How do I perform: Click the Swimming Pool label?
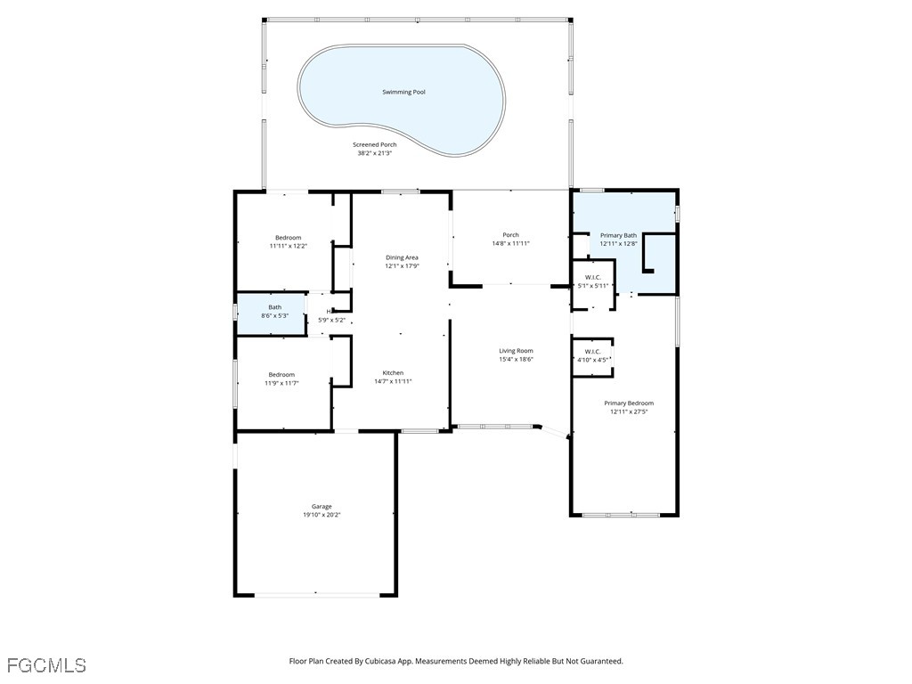pyautogui.click(x=403, y=92)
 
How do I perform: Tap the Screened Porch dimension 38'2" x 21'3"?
pyautogui.click(x=375, y=153)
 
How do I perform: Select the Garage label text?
pyautogui.click(x=322, y=507)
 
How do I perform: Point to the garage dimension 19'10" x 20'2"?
pyautogui.click(x=322, y=515)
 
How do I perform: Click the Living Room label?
pyautogui.click(x=516, y=351)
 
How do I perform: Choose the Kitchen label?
pyautogui.click(x=393, y=373)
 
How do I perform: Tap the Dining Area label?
pyautogui.click(x=402, y=257)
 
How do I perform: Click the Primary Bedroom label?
pyautogui.click(x=629, y=403)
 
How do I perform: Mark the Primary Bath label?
pyautogui.click(x=618, y=235)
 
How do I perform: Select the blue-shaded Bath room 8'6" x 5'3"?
pyautogui.click(x=271, y=314)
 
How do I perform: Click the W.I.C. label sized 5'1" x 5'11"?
pyautogui.click(x=592, y=278)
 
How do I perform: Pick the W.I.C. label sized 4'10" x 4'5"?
pyautogui.click(x=592, y=352)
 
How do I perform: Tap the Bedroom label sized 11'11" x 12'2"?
pyautogui.click(x=288, y=237)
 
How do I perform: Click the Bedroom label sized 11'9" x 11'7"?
pyautogui.click(x=281, y=375)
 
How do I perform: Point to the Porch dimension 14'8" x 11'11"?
pyautogui.click(x=510, y=244)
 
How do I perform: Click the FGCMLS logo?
pyautogui.click(x=46, y=665)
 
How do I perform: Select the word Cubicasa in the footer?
pyautogui.click(x=385, y=662)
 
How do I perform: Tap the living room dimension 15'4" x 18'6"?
pyautogui.click(x=516, y=359)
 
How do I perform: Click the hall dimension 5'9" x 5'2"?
pyautogui.click(x=331, y=321)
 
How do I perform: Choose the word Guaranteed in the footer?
pyautogui.click(x=605, y=662)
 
